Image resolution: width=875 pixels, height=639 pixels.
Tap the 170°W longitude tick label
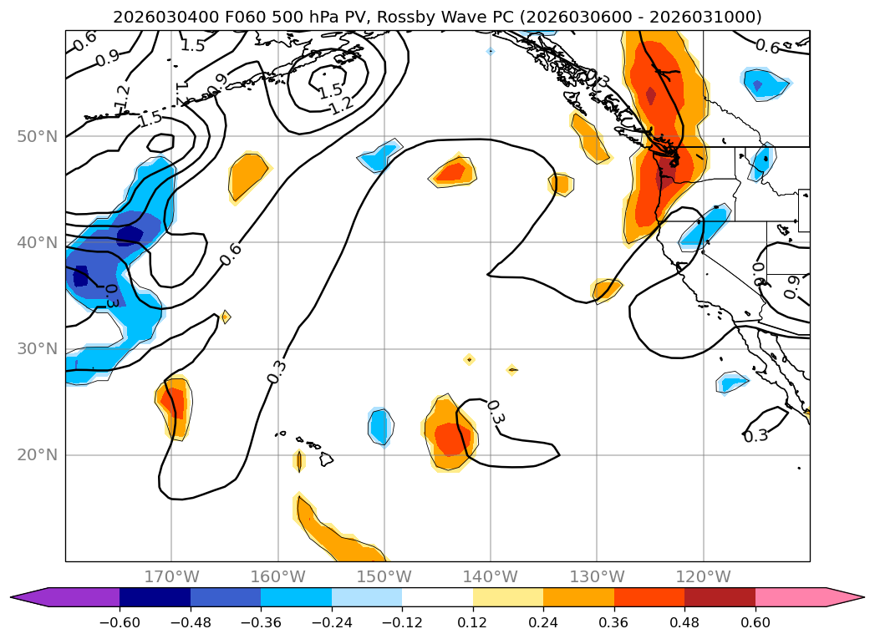pyautogui.click(x=171, y=576)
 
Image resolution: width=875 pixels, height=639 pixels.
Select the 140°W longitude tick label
pyautogui.click(x=490, y=576)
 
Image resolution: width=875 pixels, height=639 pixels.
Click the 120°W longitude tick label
pyautogui.click(x=703, y=576)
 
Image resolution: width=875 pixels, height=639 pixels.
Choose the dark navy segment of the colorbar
pyautogui.click(x=155, y=596)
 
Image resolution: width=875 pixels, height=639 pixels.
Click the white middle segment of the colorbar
pyautogui.click(x=437, y=596)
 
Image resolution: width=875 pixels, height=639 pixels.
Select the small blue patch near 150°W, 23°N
pyautogui.click(x=380, y=426)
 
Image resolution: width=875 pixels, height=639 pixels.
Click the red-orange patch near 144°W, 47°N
pyautogui.click(x=452, y=172)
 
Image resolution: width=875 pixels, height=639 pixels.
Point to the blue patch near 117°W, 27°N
pyautogui.click(x=732, y=383)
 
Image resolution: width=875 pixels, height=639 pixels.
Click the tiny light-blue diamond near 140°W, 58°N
pyautogui.click(x=491, y=51)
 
